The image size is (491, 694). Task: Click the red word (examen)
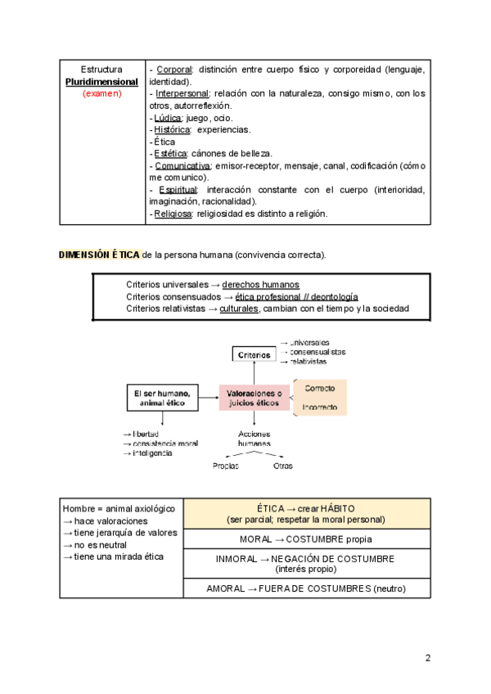[x=102, y=93]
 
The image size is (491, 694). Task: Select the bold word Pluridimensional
[x=102, y=82]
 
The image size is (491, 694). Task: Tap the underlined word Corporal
[x=173, y=70]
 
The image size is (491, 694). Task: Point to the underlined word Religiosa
[x=173, y=214]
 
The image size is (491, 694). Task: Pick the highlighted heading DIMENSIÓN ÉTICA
[x=99, y=255]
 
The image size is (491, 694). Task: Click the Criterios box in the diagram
[x=255, y=354]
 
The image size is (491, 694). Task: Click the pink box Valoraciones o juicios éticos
[x=254, y=399]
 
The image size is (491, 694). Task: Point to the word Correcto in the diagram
[x=321, y=387]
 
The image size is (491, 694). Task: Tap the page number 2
[x=427, y=657]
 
